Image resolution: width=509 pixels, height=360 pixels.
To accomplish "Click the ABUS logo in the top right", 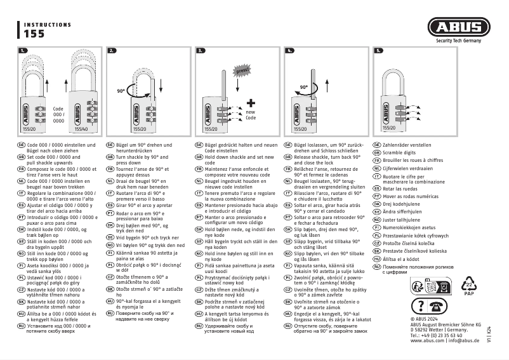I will click(458, 28).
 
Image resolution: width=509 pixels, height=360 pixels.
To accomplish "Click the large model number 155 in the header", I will click(34, 36).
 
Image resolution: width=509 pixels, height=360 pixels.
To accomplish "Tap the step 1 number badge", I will click(23, 50).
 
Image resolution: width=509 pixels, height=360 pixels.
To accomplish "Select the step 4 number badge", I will click(289, 50).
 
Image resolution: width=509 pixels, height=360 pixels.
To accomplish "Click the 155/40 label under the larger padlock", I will click(81, 129).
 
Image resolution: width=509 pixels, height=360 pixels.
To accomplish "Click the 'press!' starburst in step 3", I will click(242, 71).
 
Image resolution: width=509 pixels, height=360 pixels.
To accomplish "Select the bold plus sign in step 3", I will click(251, 103).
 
